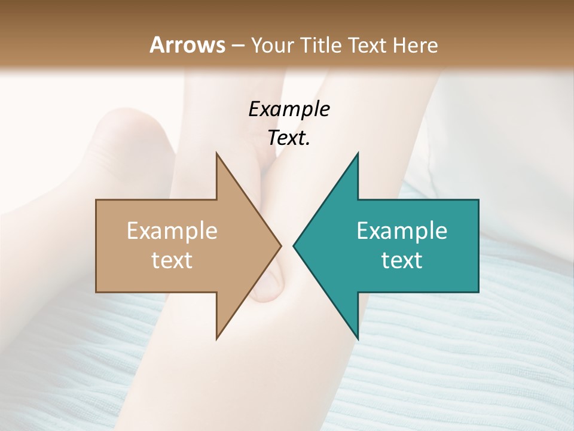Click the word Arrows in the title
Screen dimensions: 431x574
tap(188, 45)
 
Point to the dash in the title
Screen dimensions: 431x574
tap(238, 46)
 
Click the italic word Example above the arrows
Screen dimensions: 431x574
tap(289, 109)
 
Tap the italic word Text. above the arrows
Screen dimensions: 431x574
tap(289, 138)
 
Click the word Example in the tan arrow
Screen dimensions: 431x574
tap(172, 230)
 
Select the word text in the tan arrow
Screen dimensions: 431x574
tap(172, 260)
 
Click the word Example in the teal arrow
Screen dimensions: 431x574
tap(402, 230)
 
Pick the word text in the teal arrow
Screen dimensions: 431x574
tap(402, 260)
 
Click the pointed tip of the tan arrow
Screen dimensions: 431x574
tap(281, 245)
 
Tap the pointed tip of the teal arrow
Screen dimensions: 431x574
tap(294, 245)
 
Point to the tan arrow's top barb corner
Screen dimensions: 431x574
tap(216, 153)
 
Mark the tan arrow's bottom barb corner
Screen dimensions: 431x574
tap(216, 339)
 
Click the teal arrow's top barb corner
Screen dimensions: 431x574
tap(358, 153)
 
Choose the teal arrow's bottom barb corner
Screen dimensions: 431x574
tap(358, 339)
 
